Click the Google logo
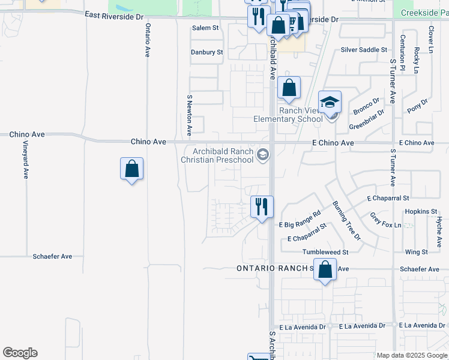(20, 353)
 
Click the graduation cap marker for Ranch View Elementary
(330, 102)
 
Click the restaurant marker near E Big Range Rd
(262, 207)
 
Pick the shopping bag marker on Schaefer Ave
(325, 270)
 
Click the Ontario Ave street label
(147, 40)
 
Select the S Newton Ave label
(189, 113)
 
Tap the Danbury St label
(207, 52)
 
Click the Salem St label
(205, 28)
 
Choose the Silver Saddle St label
(364, 50)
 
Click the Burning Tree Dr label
(347, 220)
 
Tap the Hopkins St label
(421, 212)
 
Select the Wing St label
(416, 252)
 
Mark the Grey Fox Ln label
(385, 220)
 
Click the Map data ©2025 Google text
(411, 355)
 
